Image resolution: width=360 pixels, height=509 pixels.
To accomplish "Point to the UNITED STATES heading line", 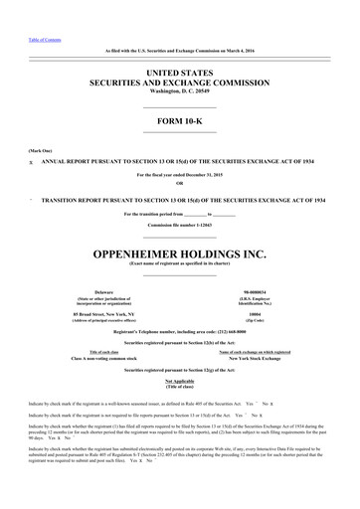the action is (180, 73).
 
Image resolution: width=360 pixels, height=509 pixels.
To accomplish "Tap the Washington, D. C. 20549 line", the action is (180, 90).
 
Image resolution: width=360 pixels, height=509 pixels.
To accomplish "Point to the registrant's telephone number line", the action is (180, 303).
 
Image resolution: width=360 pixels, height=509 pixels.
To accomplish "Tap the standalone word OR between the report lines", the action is (179, 183).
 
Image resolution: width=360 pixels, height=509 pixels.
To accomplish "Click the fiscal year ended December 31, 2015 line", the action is (180, 175).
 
